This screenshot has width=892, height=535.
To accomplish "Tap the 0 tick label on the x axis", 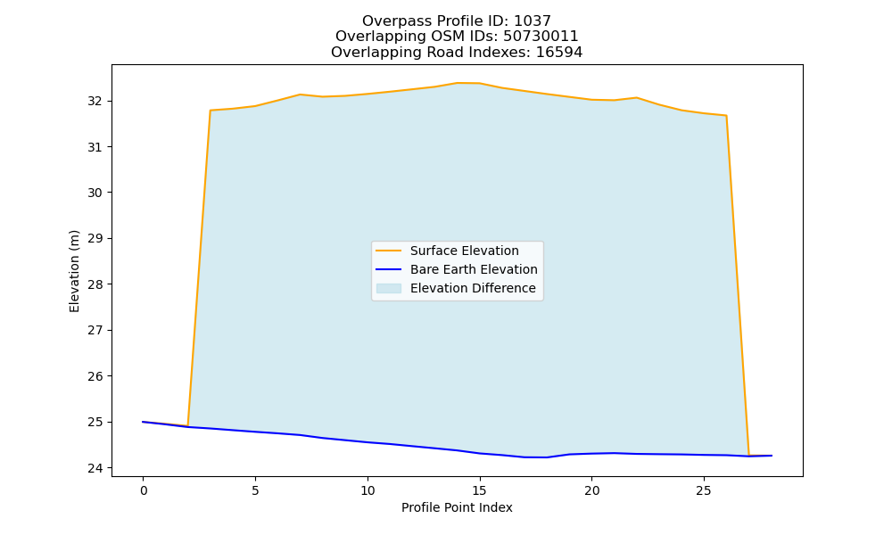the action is [144, 490].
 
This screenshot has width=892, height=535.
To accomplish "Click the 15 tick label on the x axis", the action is [480, 490].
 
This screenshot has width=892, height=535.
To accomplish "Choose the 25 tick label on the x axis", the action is [704, 490].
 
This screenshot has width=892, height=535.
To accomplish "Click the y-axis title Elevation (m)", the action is [74, 271].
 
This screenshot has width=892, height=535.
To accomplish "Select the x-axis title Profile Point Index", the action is [457, 507].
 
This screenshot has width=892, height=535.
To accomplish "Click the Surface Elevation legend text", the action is [464, 251].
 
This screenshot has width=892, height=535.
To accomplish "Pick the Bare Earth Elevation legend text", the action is [474, 269].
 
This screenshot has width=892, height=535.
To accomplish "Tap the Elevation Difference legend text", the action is [473, 288].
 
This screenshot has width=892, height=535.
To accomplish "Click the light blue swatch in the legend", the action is [389, 288].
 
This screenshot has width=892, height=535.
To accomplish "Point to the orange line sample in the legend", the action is [389, 251].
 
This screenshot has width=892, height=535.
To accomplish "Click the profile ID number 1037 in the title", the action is [533, 21].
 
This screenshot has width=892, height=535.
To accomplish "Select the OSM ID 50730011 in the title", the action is [541, 37].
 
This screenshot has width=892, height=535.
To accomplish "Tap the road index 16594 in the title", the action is [559, 53].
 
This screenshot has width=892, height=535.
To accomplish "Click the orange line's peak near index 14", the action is [457, 83].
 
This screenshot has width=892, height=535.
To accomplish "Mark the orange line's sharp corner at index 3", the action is [211, 111].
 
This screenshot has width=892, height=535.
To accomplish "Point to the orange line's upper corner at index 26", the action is [726, 115].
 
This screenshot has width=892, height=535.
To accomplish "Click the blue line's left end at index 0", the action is [144, 422].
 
